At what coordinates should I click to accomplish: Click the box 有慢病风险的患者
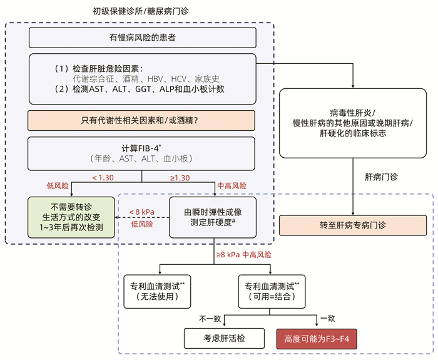coord(142,38)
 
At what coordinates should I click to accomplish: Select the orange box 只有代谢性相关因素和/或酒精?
coord(142,120)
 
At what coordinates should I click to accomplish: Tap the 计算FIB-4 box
coord(142,153)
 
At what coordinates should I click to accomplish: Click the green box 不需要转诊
coord(71,217)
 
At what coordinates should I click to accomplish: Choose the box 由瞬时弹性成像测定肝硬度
coord(213,217)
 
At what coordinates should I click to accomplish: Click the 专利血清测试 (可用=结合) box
coord(272,290)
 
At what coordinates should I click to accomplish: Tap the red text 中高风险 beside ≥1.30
coord(232,187)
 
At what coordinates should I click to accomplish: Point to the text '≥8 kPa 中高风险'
coord(244,255)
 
